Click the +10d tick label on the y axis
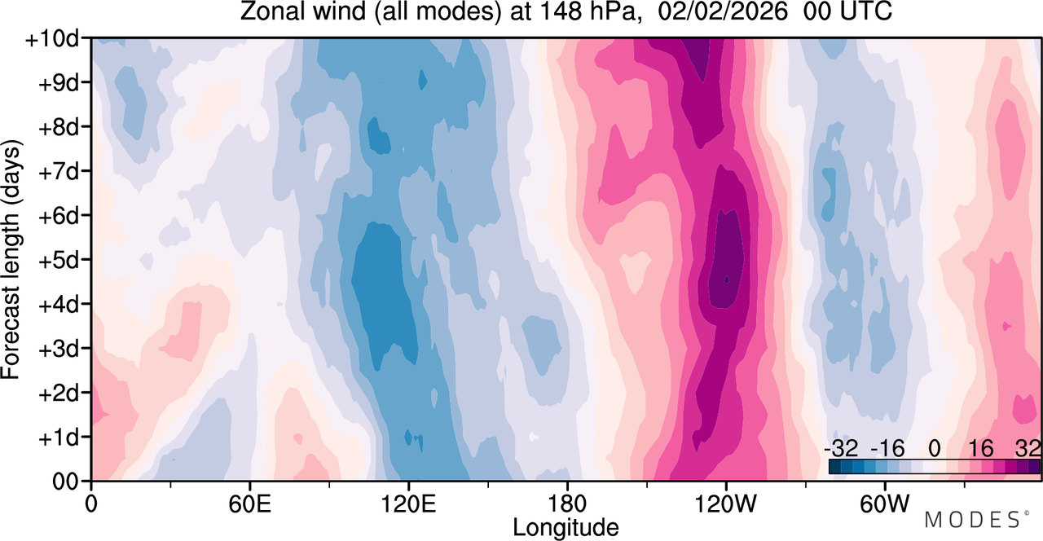(52, 40)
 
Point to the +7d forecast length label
(58, 172)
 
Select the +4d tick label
(58, 305)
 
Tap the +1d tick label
(58, 438)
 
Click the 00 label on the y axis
(65, 482)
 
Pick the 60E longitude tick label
(250, 504)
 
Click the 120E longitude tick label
(408, 504)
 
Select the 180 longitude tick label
(567, 504)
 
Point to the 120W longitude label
(725, 504)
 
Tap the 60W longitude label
(884, 504)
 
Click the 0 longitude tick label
(91, 504)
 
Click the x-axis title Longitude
(566, 527)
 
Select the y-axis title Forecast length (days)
(11, 260)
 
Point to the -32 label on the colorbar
(841, 449)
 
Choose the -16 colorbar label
(887, 449)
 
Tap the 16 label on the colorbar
(980, 449)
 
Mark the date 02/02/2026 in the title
(723, 11)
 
